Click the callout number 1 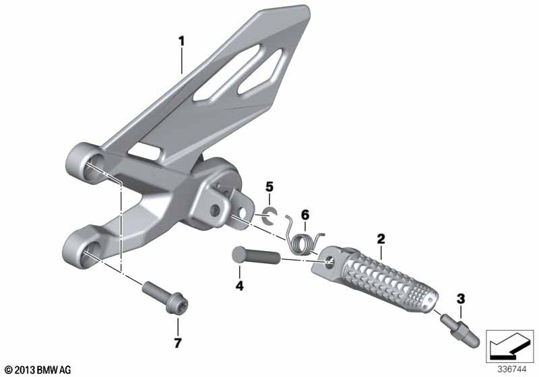click(x=181, y=42)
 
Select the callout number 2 click(x=381, y=238)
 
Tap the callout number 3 click(x=461, y=299)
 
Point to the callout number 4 click(x=239, y=285)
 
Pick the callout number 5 click(x=269, y=187)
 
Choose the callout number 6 click(x=305, y=215)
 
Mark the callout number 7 click(x=177, y=343)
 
